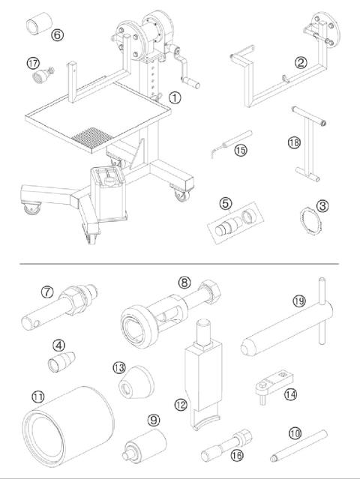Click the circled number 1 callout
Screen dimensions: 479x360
[173, 97]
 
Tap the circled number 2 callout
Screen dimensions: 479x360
[300, 63]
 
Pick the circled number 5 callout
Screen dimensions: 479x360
[224, 203]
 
